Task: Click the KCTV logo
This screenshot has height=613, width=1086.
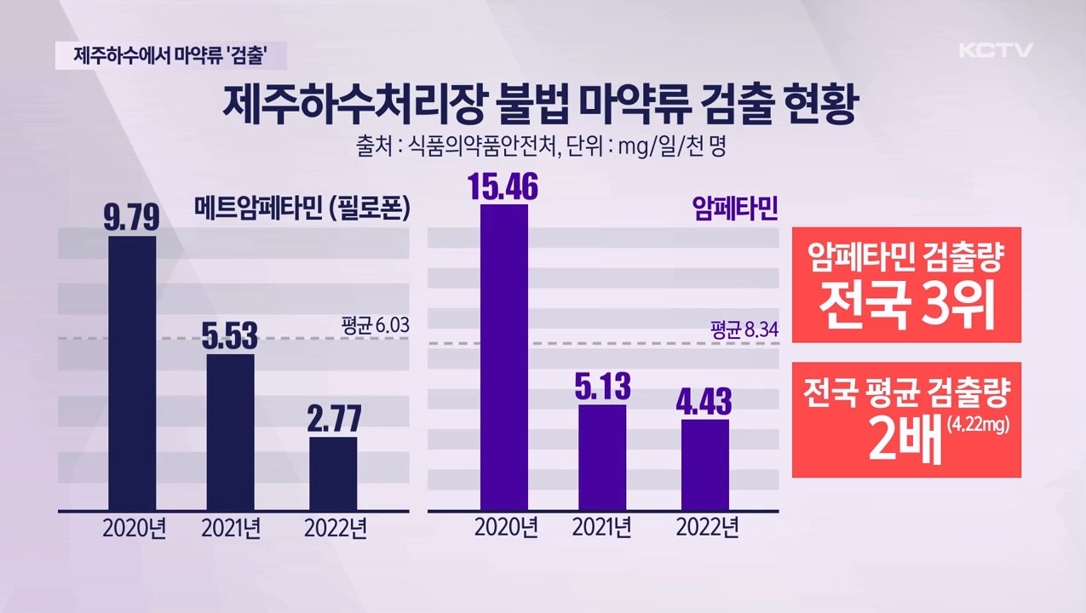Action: click(995, 50)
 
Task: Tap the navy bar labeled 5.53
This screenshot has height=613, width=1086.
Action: click(230, 432)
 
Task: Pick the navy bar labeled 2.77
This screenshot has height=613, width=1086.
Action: click(333, 473)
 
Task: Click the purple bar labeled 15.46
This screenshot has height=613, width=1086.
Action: click(504, 358)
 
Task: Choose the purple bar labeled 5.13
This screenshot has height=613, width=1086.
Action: click(602, 457)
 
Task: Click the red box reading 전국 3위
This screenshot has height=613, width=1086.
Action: click(906, 284)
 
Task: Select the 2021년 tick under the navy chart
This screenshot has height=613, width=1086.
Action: click(230, 529)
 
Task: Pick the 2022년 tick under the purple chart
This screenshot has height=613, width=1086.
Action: click(707, 529)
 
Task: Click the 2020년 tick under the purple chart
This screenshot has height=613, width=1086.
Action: click(506, 529)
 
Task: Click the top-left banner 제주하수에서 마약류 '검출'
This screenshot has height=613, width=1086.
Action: click(170, 56)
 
